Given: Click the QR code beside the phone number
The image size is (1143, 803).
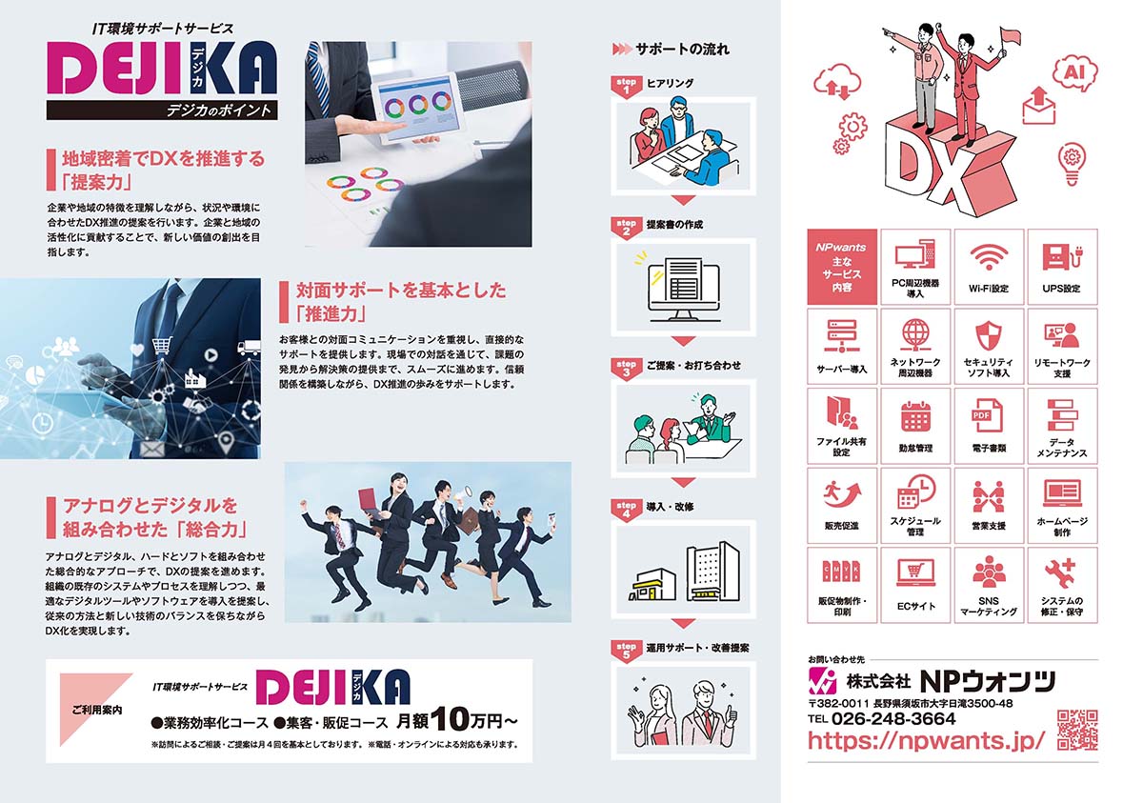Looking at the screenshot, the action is (1076, 730).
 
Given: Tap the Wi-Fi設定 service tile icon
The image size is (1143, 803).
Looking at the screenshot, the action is (989, 256).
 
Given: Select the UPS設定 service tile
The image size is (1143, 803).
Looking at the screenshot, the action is (1062, 267).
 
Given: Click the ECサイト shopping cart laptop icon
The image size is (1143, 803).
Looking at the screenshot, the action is (916, 572).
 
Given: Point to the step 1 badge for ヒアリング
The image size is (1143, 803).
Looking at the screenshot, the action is (626, 87).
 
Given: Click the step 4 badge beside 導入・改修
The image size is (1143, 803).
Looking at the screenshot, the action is (626, 511).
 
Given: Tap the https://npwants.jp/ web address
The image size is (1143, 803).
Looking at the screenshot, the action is (926, 741).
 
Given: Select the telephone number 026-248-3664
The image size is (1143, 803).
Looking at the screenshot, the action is (893, 719).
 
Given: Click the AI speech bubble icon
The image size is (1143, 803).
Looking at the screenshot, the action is (1075, 74).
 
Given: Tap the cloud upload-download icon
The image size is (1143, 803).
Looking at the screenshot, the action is (837, 83).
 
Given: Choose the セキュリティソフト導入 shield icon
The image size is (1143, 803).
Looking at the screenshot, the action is (989, 335).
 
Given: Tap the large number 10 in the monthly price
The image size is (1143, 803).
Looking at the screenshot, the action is (450, 719).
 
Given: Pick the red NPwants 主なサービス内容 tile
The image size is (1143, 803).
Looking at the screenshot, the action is (842, 267).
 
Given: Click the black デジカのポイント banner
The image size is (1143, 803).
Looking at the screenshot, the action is (162, 110).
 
